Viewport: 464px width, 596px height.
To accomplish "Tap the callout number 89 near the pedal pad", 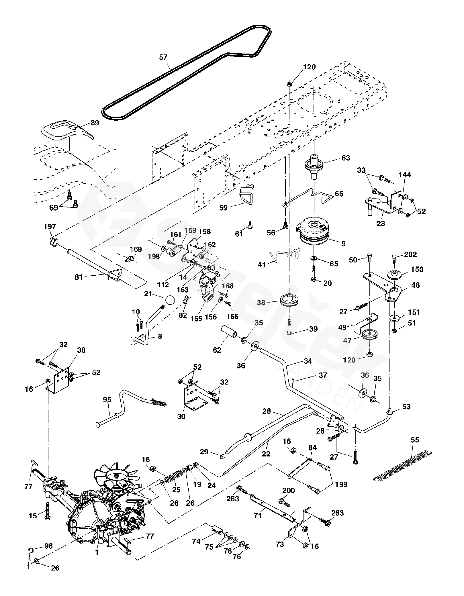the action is point(95,123).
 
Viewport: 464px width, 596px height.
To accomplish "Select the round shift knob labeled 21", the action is point(170,301).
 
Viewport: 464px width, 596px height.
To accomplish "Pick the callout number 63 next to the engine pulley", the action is point(346,158).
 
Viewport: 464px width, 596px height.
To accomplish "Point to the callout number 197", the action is point(50,226).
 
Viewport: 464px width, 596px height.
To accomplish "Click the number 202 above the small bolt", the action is point(410,254).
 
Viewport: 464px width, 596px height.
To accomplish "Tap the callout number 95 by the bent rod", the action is point(107,400).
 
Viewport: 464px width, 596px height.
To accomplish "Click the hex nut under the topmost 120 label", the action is point(289,84).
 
